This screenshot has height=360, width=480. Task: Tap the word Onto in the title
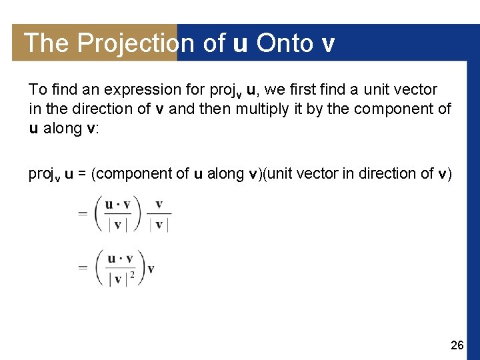coord(284,43)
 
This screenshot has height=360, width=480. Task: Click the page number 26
coord(457,345)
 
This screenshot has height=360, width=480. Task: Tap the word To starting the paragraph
coord(37,89)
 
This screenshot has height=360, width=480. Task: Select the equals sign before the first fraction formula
coord(83,214)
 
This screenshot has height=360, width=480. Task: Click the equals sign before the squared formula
coord(83,267)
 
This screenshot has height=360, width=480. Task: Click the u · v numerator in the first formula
coord(119,205)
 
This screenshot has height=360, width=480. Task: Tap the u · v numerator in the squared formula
coord(119,258)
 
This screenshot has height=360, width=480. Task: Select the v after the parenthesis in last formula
coord(151,269)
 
